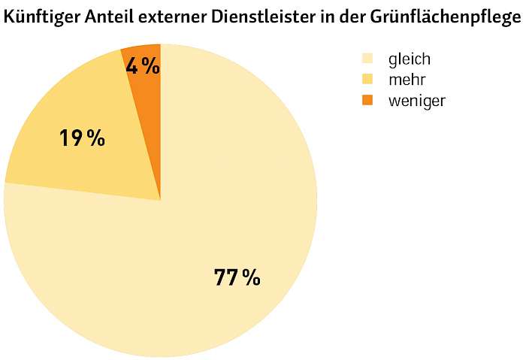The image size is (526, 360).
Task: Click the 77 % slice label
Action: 237,277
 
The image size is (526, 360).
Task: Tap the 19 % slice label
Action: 82,138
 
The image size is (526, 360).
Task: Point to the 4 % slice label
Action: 142,66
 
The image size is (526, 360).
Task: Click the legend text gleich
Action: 409,59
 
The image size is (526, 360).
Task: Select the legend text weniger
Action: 416,101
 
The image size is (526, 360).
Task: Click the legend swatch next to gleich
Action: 367,58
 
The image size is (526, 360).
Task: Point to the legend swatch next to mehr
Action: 367,79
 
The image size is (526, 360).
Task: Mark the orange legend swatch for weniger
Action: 367,100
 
